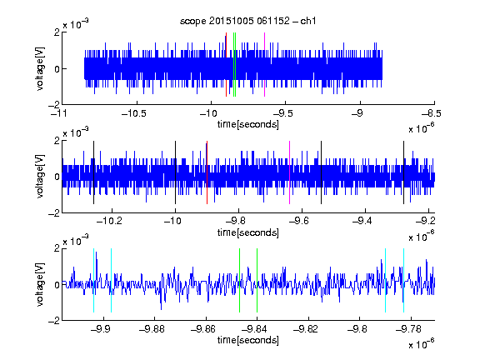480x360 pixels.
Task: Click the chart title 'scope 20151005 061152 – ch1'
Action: tap(247, 21)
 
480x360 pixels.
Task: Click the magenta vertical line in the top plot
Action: tap(264, 65)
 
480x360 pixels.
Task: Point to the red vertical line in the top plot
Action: tap(226, 65)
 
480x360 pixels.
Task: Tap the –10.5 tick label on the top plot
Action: tap(134, 114)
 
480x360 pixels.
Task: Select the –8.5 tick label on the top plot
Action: tap(432, 114)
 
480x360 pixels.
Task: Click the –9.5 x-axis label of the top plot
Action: tap(282, 114)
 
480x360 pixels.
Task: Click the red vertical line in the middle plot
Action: tap(207, 172)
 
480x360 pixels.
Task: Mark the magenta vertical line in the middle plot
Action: tap(290, 172)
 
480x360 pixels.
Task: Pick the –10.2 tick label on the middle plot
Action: tap(109, 221)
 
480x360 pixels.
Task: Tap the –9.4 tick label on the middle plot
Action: tap(362, 221)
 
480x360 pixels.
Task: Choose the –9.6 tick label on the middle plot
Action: tap(299, 221)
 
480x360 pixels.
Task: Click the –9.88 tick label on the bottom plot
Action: tap(152, 329)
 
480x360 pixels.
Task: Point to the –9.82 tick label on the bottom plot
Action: tap(306, 329)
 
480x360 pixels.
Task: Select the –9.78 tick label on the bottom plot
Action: tap(408, 329)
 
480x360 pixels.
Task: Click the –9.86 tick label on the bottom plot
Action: tap(203, 329)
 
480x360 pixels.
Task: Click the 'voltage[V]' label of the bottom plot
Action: tap(40, 284)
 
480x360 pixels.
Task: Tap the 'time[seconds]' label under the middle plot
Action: tap(248, 232)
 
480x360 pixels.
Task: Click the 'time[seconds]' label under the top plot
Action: tap(248, 124)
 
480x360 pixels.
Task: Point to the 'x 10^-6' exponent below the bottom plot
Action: tap(422, 344)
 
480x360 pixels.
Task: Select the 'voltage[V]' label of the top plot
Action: tap(40, 68)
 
